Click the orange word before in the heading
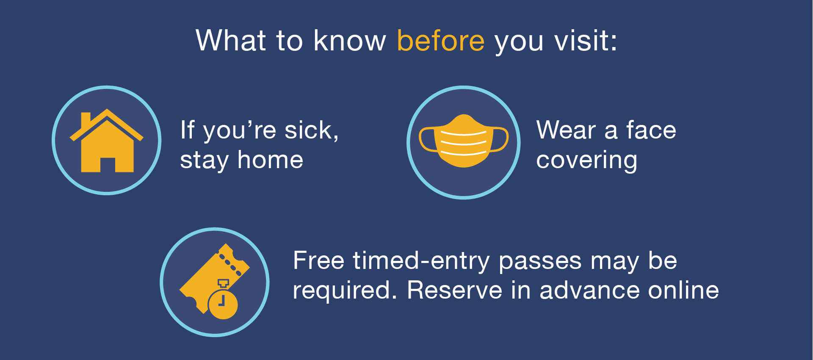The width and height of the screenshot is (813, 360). point(441,41)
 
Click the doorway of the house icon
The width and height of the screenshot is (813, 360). point(108,165)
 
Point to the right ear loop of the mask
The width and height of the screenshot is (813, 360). point(500,139)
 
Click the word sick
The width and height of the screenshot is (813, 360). point(312,130)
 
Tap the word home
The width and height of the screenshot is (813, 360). point(271,160)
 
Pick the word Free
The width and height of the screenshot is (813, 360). point(318,260)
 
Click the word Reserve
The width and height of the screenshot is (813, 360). point(455,291)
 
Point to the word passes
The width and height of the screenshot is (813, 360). point(540,263)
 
